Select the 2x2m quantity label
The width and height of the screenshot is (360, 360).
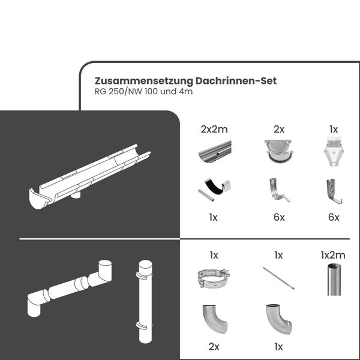click(x=214, y=129)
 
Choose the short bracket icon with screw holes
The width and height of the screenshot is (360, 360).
click(x=334, y=190)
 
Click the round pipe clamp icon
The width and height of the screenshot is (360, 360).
click(x=214, y=279)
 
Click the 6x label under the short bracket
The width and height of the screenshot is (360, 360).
click(x=334, y=218)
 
